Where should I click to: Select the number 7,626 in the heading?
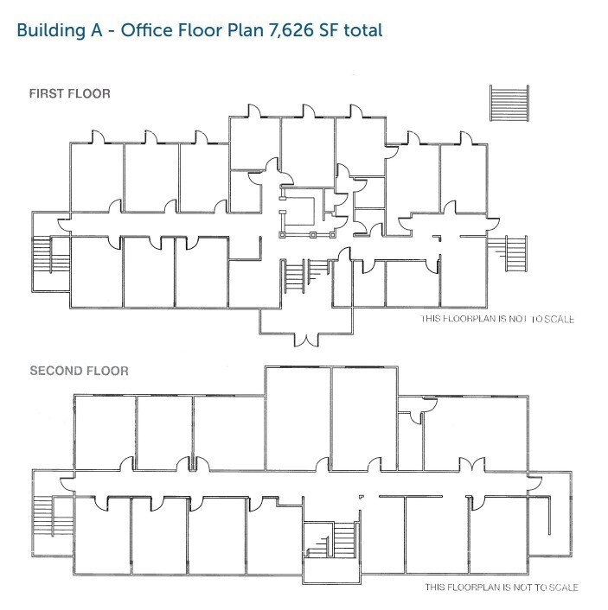point(294,29)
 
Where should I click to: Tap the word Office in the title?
point(147,29)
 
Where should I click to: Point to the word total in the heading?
point(363,29)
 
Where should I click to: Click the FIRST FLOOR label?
point(70,93)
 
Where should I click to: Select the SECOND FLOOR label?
point(79,372)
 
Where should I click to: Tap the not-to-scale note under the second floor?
point(501,588)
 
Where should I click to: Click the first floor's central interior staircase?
point(295,276)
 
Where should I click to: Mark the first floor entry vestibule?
point(307,320)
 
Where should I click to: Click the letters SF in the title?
point(331,29)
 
